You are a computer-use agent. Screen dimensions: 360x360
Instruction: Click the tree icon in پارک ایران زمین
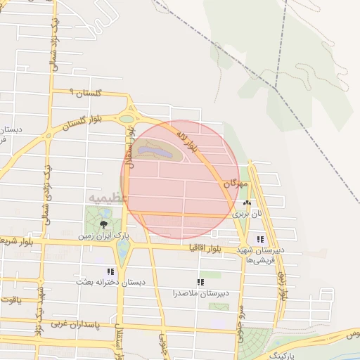[x=104, y=223]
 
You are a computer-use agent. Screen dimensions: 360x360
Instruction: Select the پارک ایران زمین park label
[x=104, y=236]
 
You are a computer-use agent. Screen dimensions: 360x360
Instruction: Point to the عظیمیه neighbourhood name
[x=107, y=198]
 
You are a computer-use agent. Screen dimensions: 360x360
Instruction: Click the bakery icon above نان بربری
[x=246, y=202]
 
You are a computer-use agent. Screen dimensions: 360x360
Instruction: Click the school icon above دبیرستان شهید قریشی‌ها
[x=261, y=239]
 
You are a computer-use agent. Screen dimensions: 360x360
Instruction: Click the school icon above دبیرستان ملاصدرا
[x=201, y=282]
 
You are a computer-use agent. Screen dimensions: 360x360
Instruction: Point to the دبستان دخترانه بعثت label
[x=111, y=281]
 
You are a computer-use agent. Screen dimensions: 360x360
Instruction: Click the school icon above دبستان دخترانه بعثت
[x=110, y=271]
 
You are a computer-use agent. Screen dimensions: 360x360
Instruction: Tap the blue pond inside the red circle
[x=154, y=150]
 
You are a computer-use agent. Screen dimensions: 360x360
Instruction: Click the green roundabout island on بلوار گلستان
[x=127, y=120]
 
